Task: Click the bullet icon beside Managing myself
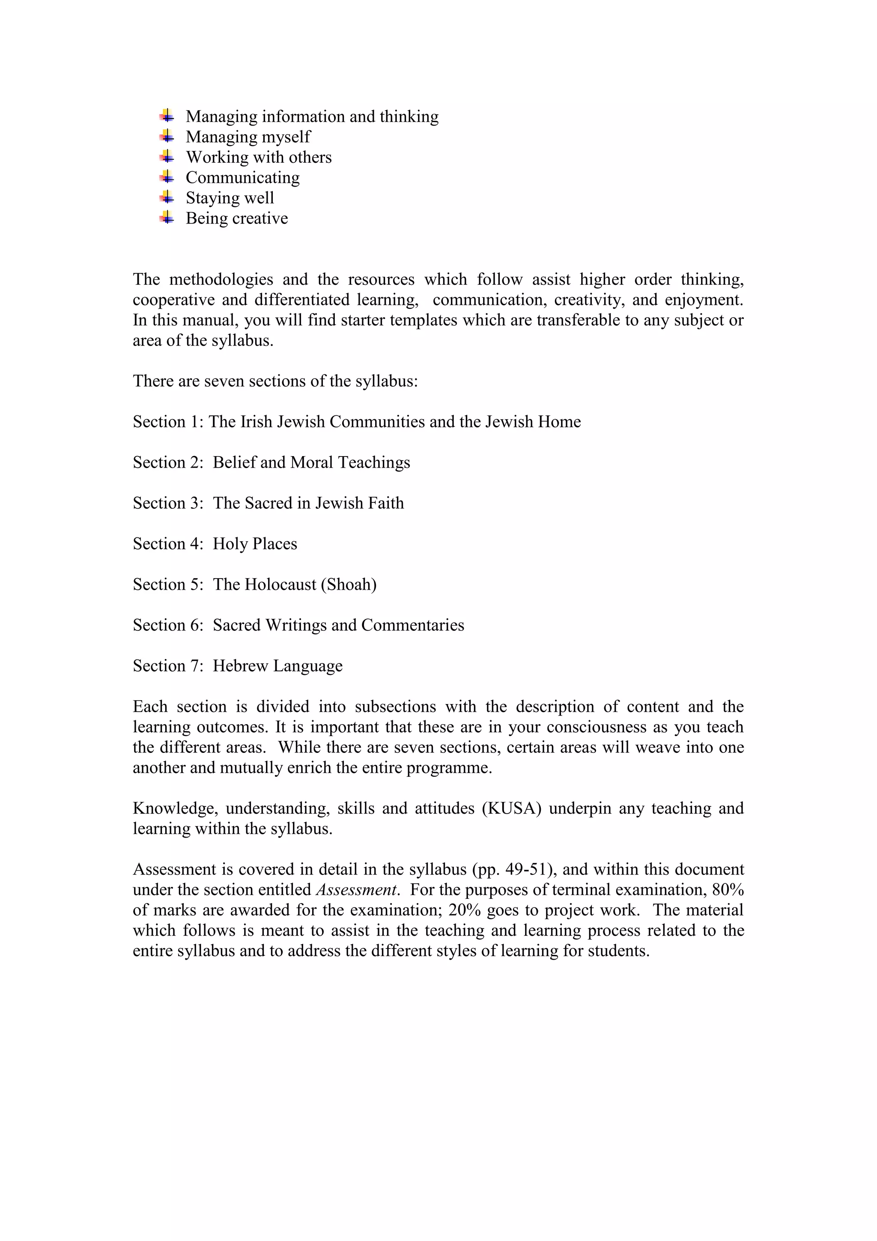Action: pyautogui.click(x=167, y=136)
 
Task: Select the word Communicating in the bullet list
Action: pyautogui.click(x=243, y=178)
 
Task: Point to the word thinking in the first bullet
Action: pyautogui.click(x=409, y=117)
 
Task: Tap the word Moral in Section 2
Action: pyautogui.click(x=312, y=462)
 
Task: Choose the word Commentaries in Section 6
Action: pyautogui.click(x=412, y=625)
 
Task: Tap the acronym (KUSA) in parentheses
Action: pyautogui.click(x=511, y=808)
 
